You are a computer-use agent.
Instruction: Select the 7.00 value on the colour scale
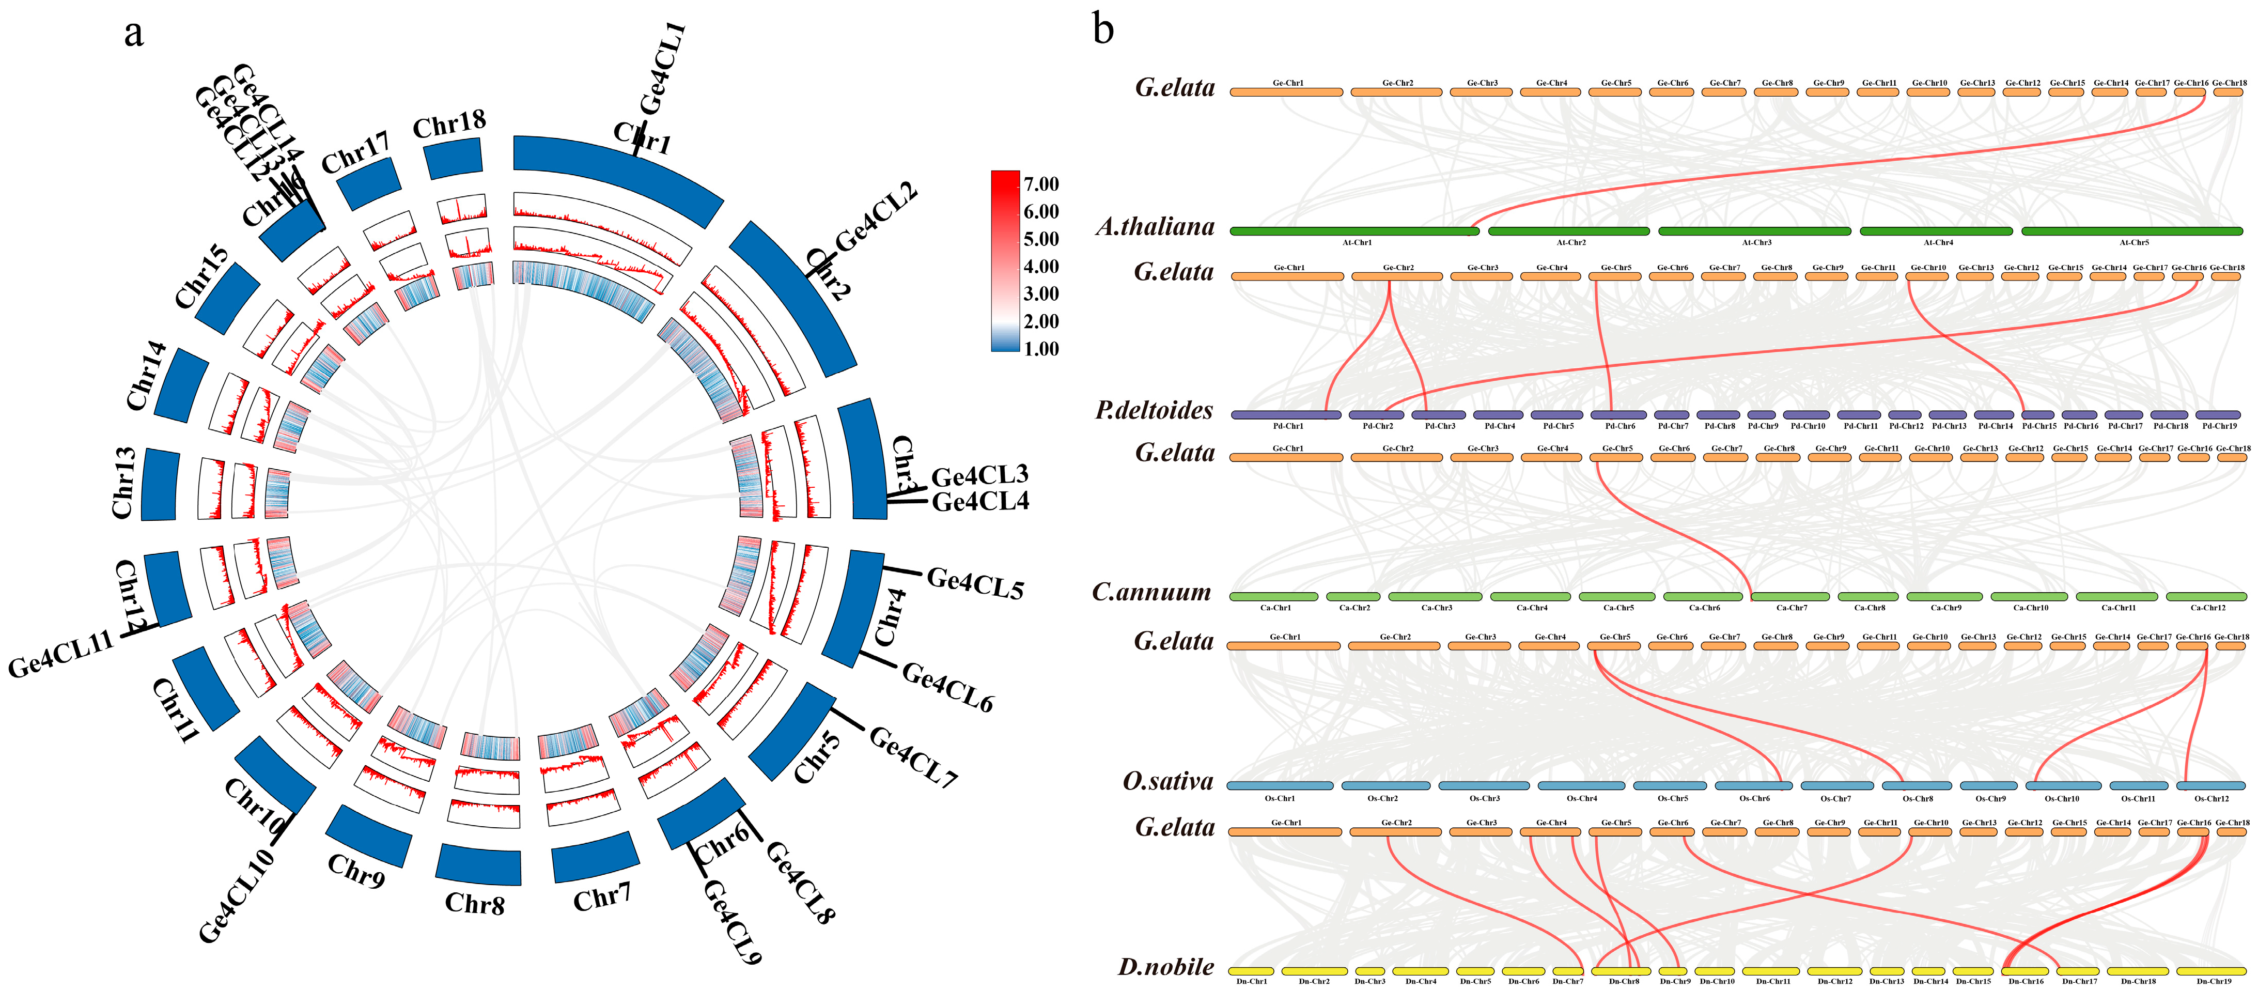pos(1041,184)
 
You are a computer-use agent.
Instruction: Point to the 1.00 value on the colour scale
pos(1041,349)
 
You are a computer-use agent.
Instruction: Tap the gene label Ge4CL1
pos(663,68)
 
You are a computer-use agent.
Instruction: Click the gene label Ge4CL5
pos(975,583)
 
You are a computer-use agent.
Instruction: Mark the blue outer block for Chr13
pos(160,484)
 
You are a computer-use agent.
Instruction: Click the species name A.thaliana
pos(1155,227)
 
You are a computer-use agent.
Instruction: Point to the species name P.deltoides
pos(1154,410)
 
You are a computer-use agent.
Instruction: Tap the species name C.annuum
pos(1151,593)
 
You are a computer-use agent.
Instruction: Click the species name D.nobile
pos(1166,967)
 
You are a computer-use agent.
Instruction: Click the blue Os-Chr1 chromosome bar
pos(1279,786)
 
